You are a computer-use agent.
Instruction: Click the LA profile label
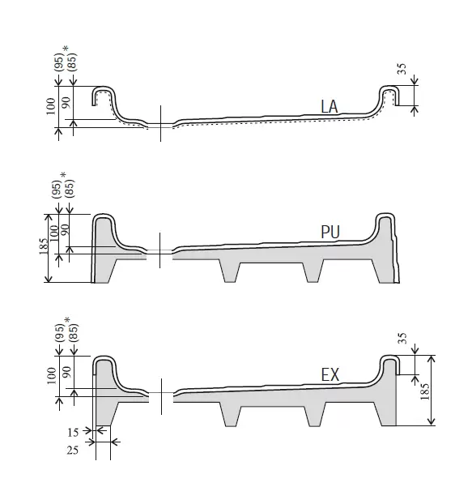coord(330,107)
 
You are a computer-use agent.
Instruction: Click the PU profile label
coord(330,232)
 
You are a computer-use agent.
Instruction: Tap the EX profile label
coord(330,374)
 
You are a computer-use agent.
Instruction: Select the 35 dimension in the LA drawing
coord(402,69)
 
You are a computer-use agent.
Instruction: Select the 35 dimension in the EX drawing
coord(402,338)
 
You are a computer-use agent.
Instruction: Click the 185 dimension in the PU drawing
coord(44,246)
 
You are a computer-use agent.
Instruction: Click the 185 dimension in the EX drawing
coord(425,391)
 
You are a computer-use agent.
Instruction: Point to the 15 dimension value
coord(73,433)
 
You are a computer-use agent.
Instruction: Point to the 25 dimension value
coord(73,450)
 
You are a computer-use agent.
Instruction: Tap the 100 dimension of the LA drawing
coord(51,106)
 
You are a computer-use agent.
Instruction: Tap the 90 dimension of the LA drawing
coord(66,102)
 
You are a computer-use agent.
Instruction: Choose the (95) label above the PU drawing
coord(57,189)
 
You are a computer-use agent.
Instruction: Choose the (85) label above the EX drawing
coord(73,333)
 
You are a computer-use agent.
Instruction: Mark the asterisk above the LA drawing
coord(66,49)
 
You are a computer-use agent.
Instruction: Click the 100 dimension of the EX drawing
coord(52,375)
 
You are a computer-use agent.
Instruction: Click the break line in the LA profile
coord(160,124)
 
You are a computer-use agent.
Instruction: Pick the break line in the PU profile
coord(159,250)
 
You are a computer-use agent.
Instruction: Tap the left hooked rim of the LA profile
coord(104,96)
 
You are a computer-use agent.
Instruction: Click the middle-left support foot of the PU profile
coord(230,271)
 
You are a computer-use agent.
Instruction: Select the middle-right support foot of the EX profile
coord(314,414)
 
